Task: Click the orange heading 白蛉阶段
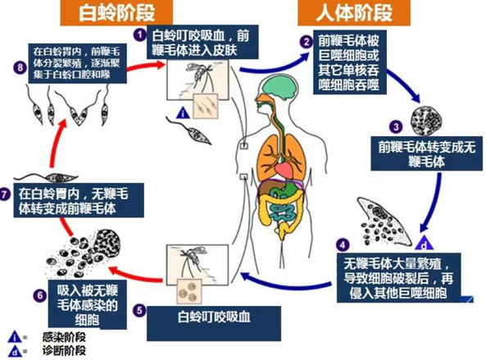tap(116, 12)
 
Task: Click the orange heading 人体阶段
tap(354, 12)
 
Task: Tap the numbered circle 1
tap(140, 34)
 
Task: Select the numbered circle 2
tap(307, 42)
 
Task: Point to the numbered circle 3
tap(396, 126)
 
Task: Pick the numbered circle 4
tap(343, 245)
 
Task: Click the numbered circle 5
tap(139, 311)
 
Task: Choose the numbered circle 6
tap(40, 295)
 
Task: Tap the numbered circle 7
tap(4, 195)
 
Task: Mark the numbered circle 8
tap(20, 67)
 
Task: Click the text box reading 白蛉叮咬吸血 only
tap(214, 323)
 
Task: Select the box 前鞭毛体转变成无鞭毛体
tap(426, 153)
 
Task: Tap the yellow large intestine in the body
tap(280, 211)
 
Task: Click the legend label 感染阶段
tap(64, 337)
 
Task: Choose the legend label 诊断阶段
tap(64, 351)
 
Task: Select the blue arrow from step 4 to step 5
tap(287, 283)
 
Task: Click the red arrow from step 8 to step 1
tap(146, 66)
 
